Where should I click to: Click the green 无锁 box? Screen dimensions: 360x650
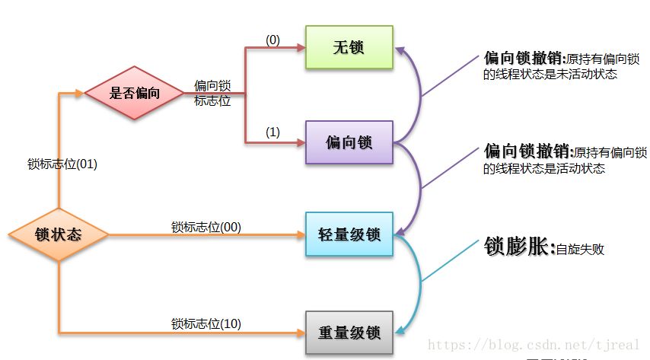(349, 47)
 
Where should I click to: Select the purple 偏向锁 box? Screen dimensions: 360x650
(349, 142)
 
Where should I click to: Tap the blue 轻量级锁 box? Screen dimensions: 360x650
(349, 234)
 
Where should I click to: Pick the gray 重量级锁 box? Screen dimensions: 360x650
(349, 333)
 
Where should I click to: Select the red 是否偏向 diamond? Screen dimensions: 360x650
(134, 93)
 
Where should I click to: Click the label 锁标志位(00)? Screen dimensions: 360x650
(206, 226)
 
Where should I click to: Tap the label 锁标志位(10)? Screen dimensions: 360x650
(206, 323)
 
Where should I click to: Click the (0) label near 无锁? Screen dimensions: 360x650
(272, 40)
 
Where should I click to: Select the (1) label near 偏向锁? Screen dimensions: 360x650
(272, 132)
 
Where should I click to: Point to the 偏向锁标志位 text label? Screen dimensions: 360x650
(212, 93)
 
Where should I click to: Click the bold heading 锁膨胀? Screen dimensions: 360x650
(518, 246)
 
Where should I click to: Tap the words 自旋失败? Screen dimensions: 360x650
(580, 249)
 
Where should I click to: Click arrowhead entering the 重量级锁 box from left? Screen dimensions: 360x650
(300, 333)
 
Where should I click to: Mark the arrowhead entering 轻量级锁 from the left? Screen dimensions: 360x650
(300, 235)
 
